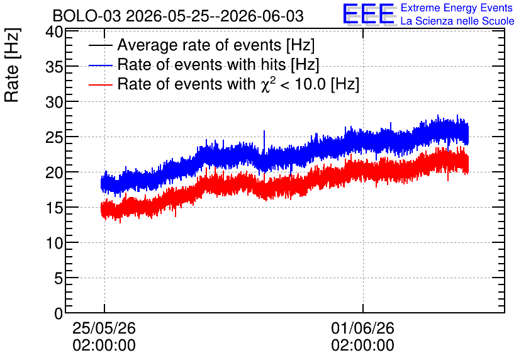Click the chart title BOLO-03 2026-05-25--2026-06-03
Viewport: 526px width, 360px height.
coord(178,16)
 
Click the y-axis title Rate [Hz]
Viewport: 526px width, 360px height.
coord(12,65)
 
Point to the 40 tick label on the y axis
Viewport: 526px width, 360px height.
coord(54,33)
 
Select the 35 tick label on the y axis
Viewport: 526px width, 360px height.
coord(54,67)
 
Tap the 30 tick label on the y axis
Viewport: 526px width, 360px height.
coord(54,103)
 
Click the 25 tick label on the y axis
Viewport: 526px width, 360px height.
coord(54,138)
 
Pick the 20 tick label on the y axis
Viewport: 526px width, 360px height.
coord(54,173)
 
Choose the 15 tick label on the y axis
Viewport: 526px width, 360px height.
coord(54,208)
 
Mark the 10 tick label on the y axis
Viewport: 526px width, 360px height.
coord(54,243)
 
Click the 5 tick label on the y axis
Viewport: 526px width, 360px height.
coord(59,278)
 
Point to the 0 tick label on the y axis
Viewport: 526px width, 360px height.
coord(59,313)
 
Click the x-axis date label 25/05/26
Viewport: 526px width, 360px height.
coord(104,328)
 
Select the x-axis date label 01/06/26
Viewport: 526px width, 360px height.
coord(362,328)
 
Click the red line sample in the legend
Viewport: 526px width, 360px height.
coord(100,84)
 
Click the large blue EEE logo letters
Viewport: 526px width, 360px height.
coord(369,14)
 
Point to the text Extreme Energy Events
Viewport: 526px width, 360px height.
coord(457,8)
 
